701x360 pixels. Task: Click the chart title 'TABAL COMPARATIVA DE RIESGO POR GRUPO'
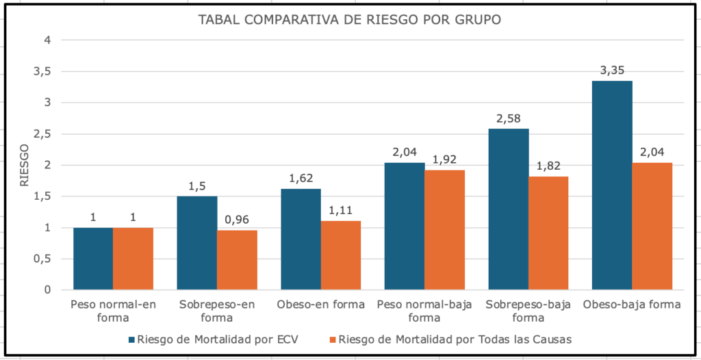tap(349, 19)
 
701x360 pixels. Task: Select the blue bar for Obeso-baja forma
tap(612, 185)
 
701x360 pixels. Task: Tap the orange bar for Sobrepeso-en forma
tap(237, 260)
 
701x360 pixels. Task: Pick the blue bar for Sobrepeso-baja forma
tap(509, 209)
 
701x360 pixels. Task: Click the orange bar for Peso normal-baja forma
tap(445, 230)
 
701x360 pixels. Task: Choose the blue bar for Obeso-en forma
tap(301, 239)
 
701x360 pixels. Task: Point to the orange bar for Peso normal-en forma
tap(133, 259)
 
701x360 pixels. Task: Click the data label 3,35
tap(612, 70)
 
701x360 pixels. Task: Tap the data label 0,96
tap(237, 220)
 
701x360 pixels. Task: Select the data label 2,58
tap(509, 118)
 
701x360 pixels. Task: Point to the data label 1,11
tap(340, 211)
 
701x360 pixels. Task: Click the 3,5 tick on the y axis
tap(42, 71)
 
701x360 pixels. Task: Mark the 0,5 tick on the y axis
tap(42, 259)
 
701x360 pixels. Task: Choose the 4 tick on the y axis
tap(47, 40)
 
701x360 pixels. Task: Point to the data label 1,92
tap(445, 159)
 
